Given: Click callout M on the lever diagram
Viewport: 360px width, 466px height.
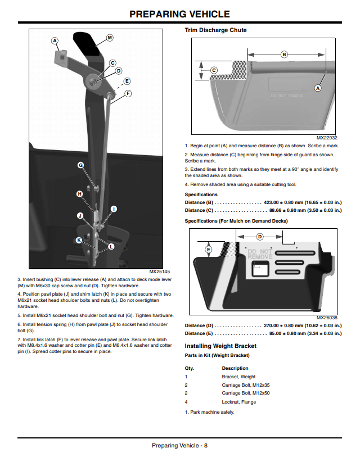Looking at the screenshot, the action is coord(110,38).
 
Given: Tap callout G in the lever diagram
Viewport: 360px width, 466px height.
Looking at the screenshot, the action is coord(80,165).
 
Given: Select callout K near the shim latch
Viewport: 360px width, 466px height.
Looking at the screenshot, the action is coord(79,240).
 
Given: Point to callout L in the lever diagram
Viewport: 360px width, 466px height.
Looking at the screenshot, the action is coord(111,247).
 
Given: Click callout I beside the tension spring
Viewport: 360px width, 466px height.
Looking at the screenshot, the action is coord(114,209).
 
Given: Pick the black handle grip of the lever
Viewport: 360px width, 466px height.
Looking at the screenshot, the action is coord(87,43).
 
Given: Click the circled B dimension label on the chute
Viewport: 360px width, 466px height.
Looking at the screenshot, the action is coord(284,55).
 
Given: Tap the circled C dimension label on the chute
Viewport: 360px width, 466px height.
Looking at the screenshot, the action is coord(214,70).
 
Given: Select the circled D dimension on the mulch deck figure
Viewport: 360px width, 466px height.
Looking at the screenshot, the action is coord(260,237).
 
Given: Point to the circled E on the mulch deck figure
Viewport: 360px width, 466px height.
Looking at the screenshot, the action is coord(208,250).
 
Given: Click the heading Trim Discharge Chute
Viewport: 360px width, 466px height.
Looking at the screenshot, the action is coord(215,30).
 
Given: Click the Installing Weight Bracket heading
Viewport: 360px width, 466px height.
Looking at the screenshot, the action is coord(220,346).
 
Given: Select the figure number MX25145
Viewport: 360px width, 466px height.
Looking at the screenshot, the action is coord(160,272).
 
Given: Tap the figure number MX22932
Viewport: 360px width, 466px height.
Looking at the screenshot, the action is coord(327,138).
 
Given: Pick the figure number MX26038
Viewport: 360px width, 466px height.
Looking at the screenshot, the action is coord(327,318).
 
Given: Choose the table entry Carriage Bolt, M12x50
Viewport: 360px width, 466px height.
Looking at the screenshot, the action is coord(246,393).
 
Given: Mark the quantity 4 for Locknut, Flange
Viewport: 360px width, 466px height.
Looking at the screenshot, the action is coord(186,402).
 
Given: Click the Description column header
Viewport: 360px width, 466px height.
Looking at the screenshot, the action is coord(235,368).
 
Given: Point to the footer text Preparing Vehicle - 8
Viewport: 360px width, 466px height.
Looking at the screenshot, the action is coord(179,445).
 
